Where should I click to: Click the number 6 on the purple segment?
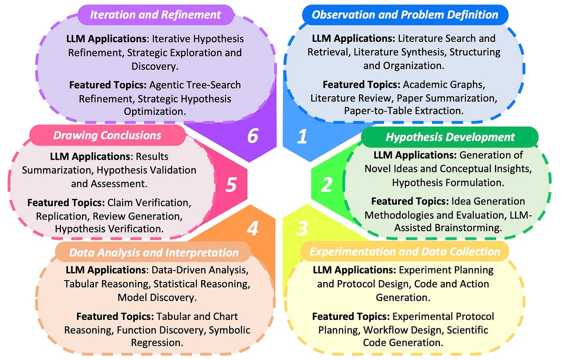tap(252, 136)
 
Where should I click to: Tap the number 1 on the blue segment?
tap(302, 136)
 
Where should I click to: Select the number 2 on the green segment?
tap(326, 185)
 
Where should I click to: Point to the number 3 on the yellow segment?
tap(302, 228)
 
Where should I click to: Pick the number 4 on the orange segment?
tap(252, 228)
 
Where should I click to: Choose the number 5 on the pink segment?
tap(231, 185)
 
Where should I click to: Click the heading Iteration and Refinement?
tap(155, 15)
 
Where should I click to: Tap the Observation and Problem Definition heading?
tap(405, 15)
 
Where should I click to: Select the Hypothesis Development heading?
tap(450, 137)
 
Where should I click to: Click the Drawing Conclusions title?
tap(107, 135)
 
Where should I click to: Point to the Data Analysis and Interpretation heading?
tap(154, 252)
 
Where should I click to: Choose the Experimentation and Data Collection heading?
tap(405, 252)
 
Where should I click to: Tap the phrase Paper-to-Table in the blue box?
tap(371, 111)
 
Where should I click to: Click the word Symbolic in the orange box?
tap(229, 330)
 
